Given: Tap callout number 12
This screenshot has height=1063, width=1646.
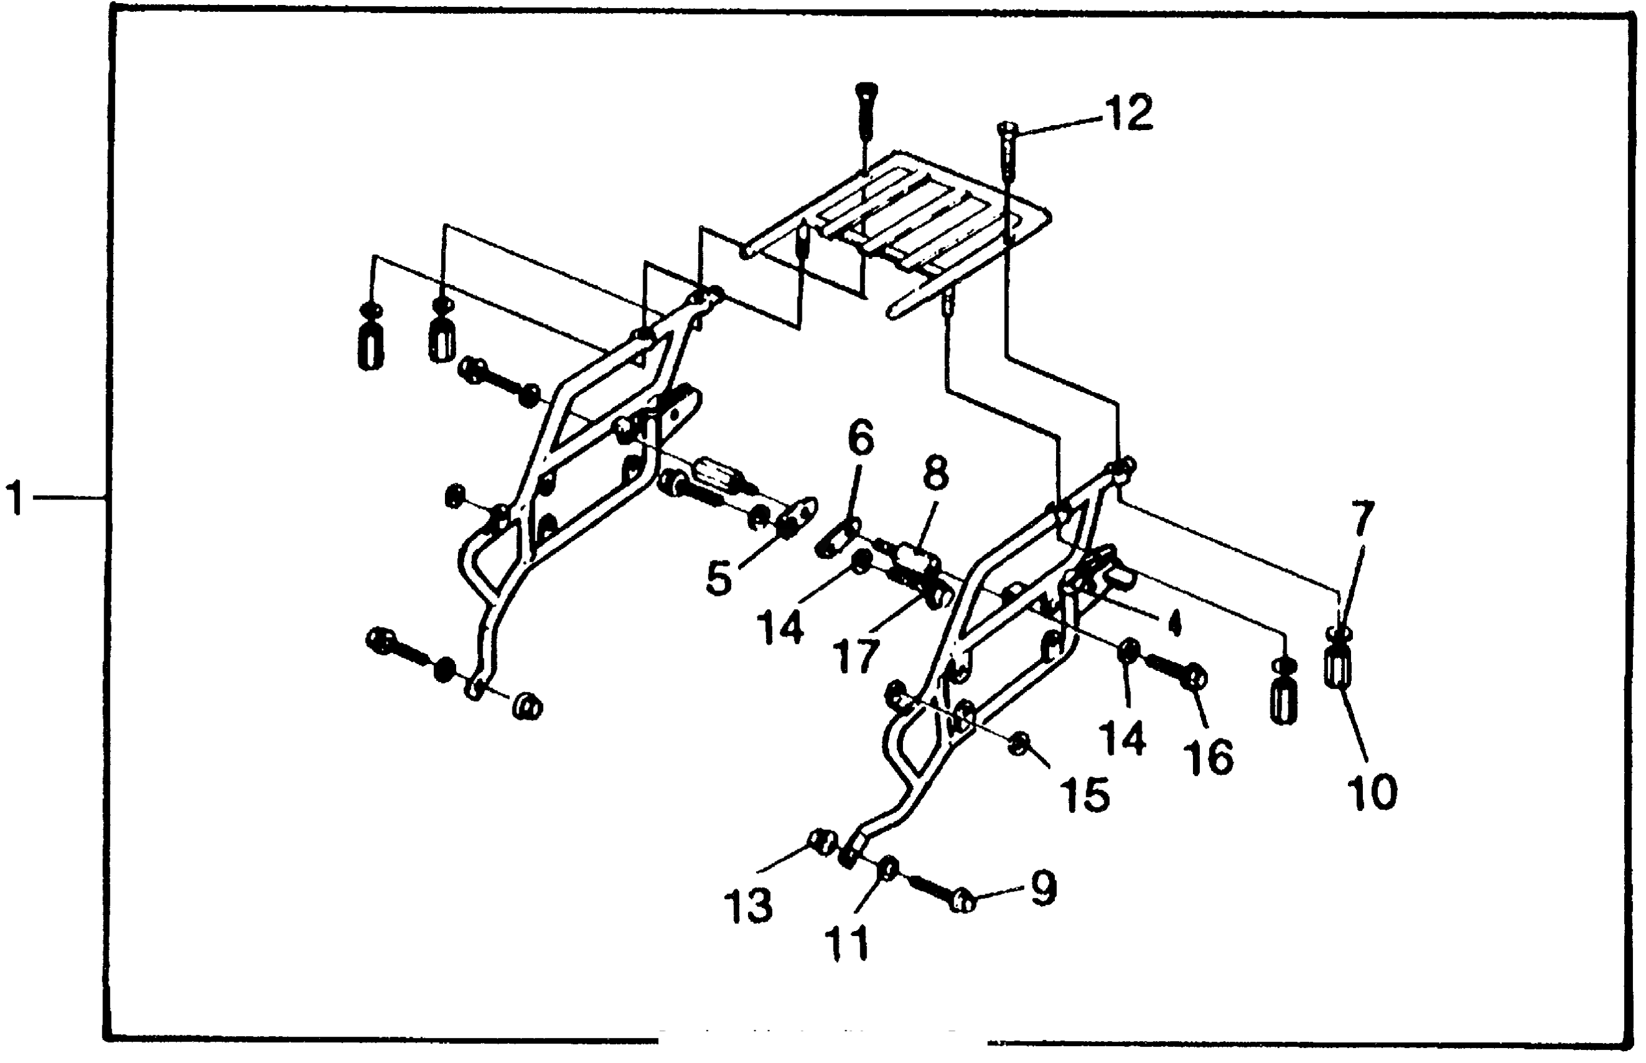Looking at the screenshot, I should [1129, 113].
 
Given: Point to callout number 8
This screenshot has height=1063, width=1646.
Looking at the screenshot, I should [935, 473].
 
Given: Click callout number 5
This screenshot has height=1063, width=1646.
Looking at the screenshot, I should [718, 578].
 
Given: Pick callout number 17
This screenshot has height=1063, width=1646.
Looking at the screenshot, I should [855, 656].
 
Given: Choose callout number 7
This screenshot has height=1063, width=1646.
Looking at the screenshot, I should [1362, 520].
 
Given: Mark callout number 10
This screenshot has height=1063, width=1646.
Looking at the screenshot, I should [1372, 792].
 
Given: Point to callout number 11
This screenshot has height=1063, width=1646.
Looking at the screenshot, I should [847, 943].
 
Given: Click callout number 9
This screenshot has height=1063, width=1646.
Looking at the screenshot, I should [1043, 888].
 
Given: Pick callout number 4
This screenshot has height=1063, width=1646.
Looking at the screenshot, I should [1175, 623].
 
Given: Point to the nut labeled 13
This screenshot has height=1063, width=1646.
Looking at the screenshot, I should [822, 842].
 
